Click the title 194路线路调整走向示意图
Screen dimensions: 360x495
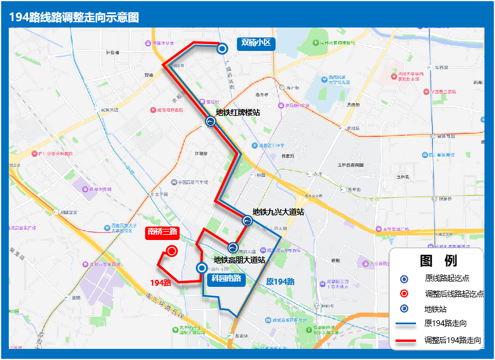click(x=74, y=18)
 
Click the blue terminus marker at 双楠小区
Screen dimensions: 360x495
click(x=222, y=49)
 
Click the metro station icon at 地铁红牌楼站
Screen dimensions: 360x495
click(x=211, y=122)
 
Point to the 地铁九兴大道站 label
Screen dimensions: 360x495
click(x=278, y=212)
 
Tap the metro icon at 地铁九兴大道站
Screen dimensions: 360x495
click(x=247, y=221)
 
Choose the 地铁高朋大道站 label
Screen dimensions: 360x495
click(x=239, y=259)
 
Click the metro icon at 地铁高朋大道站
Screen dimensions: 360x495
click(x=233, y=248)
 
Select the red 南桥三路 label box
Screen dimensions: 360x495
click(x=162, y=232)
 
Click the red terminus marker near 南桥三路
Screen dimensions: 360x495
click(x=172, y=251)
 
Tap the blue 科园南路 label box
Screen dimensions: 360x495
click(x=226, y=279)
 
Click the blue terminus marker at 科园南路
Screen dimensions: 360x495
click(x=202, y=268)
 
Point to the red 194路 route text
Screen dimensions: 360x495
click(x=160, y=283)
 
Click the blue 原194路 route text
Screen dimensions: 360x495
click(x=280, y=282)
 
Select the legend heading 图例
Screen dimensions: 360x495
click(x=438, y=261)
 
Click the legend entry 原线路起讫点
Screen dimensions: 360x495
click(x=447, y=278)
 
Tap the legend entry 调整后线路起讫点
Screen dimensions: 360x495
click(x=454, y=294)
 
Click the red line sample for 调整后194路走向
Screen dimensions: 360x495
click(x=405, y=340)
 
